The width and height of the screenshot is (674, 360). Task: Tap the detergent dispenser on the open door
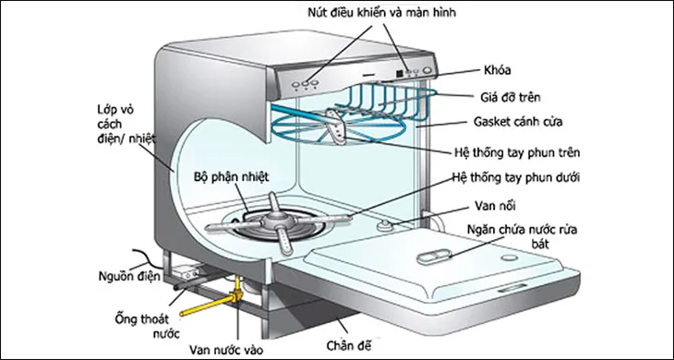[432, 259]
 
